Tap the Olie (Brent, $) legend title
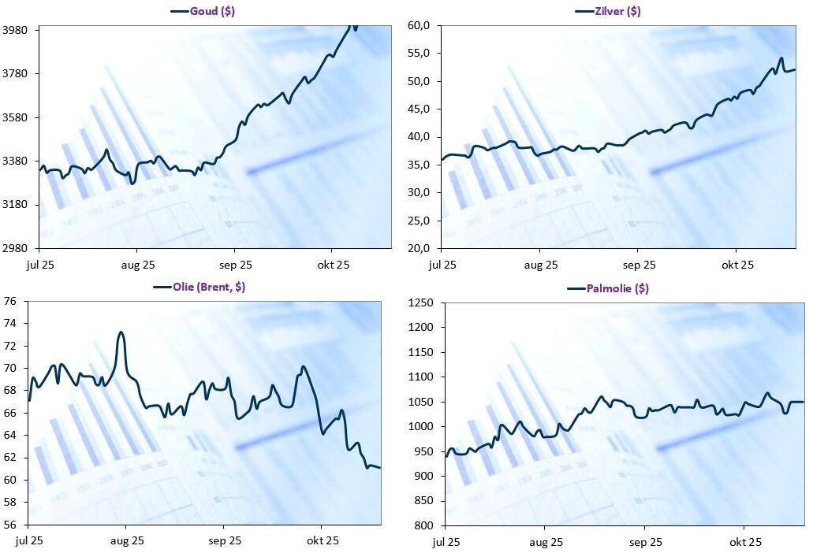tap(209, 287)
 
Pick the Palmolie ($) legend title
tap(617, 288)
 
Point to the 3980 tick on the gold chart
tap(16, 30)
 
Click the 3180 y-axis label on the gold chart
tap(16, 205)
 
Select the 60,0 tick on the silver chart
tap(418, 25)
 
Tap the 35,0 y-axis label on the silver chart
tap(418, 165)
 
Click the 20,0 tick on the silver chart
tap(418, 248)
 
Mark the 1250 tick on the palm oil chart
tap(420, 302)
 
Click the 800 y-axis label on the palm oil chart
tap(423, 525)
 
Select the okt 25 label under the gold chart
tap(332, 265)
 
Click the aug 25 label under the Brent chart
tap(127, 541)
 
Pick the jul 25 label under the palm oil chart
tap(446, 542)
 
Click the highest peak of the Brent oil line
tap(121, 332)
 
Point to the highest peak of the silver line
tap(781, 58)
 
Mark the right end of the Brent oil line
tap(380, 468)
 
